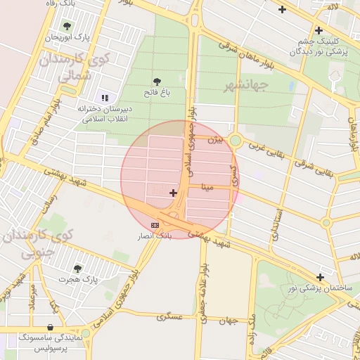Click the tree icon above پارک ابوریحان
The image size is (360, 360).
(x=67, y=26)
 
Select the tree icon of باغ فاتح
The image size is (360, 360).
(x=157, y=81)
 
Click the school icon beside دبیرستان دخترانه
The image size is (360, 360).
(x=105, y=98)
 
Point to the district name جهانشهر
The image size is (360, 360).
(x=227, y=86)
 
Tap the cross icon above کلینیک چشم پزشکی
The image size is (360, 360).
(x=319, y=30)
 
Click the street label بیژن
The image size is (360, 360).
(x=214, y=140)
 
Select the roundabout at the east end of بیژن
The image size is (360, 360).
(x=236, y=141)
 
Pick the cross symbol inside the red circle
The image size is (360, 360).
(x=173, y=192)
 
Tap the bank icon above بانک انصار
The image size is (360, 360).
(x=155, y=224)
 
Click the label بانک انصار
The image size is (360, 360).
(x=156, y=236)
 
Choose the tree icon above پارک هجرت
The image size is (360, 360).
(x=77, y=268)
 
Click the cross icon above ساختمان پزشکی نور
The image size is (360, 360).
(x=321, y=277)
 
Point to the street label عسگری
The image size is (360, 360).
(x=171, y=316)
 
